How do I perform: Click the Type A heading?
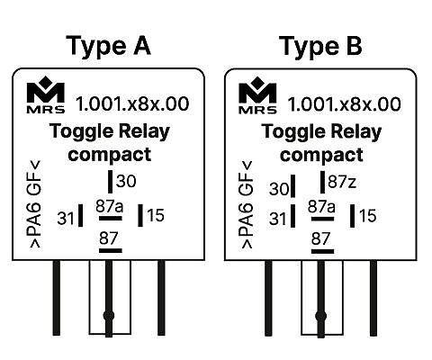click(x=108, y=46)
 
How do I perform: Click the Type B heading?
click(x=320, y=46)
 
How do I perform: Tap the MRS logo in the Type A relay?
click(x=46, y=94)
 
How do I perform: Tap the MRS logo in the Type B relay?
click(x=257, y=95)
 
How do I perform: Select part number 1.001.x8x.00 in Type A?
click(x=132, y=103)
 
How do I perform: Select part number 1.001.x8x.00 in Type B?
click(x=344, y=104)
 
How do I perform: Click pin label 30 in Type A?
click(x=126, y=181)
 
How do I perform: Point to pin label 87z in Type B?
click(x=342, y=182)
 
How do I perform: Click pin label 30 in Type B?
click(x=279, y=189)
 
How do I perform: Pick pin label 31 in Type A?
click(x=66, y=218)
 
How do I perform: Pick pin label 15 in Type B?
click(x=367, y=216)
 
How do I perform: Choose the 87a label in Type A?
click(x=110, y=206)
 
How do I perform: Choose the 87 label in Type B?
click(x=320, y=238)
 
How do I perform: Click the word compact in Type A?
click(x=110, y=155)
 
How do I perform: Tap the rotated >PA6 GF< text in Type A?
click(x=34, y=204)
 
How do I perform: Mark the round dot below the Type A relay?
click(x=109, y=316)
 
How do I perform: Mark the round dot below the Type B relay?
click(x=320, y=316)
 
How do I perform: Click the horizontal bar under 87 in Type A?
click(x=111, y=250)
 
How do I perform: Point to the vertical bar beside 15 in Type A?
click(x=140, y=215)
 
